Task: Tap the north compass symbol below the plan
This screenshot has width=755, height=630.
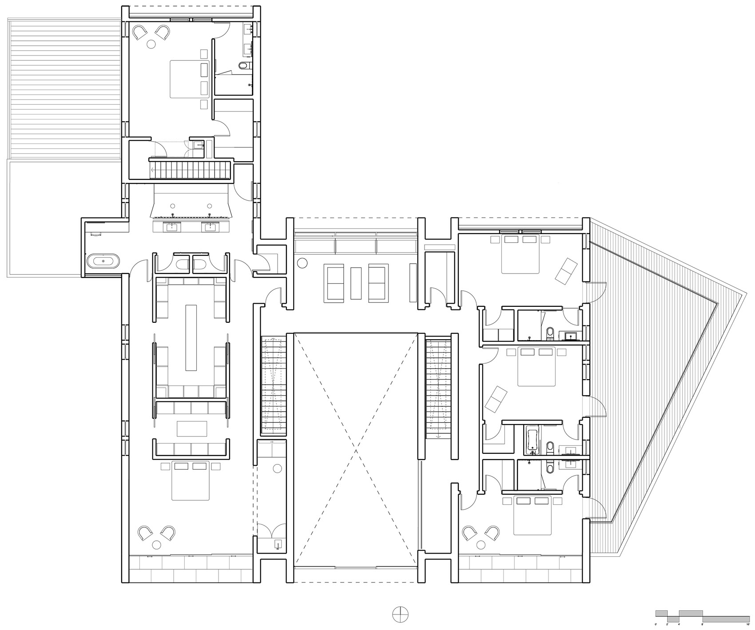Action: coord(400,613)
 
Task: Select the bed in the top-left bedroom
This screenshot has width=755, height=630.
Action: coord(189,79)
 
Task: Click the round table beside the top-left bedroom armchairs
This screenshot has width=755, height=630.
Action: coord(151,44)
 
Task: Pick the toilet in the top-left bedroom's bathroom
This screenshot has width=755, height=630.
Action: coord(243,66)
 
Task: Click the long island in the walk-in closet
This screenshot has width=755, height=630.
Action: coord(191,337)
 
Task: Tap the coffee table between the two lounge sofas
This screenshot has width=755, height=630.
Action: coord(356,283)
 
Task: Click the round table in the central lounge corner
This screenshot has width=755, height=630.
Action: coord(302,263)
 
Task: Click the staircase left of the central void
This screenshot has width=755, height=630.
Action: coord(274,384)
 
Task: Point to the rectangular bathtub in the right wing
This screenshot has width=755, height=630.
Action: coord(531,440)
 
